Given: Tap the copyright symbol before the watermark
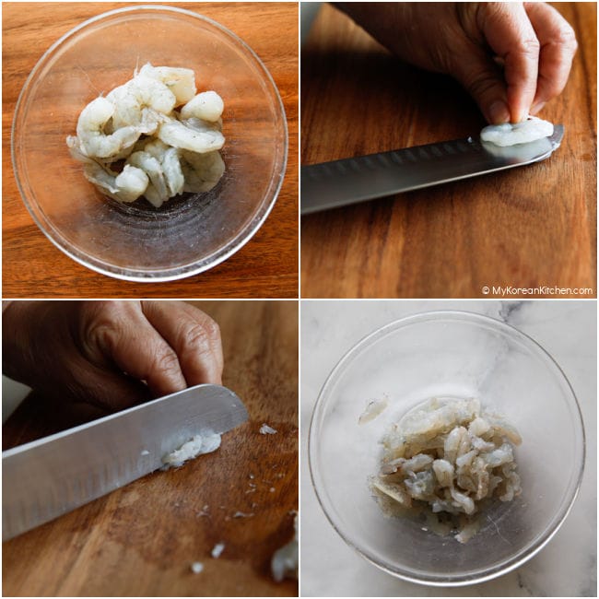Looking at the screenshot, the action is click(486, 290).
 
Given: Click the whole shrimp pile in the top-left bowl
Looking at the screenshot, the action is click(147, 134).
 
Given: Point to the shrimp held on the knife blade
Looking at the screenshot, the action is click(516, 132).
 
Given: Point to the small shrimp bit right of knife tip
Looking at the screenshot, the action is click(267, 429).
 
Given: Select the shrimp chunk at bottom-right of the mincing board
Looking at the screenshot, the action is click(286, 550).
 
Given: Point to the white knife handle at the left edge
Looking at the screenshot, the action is click(14, 397).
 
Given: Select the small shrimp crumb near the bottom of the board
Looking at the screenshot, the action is click(197, 568).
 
